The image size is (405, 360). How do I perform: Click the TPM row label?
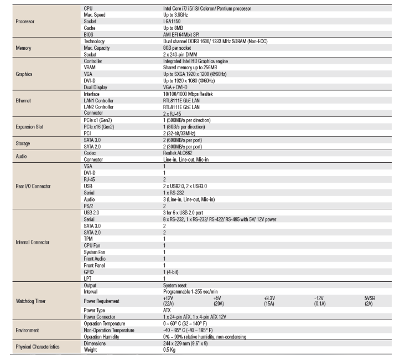[89, 238]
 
